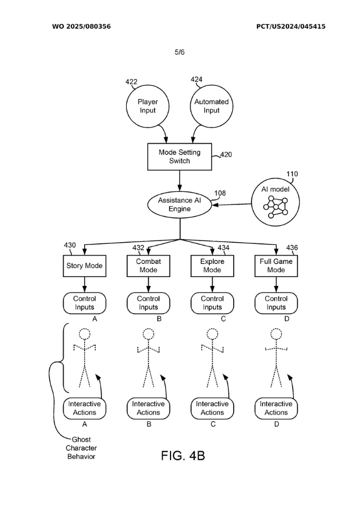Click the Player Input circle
[147, 106]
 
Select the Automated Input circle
[212, 106]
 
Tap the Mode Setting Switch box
[179, 156]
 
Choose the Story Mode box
[85, 265]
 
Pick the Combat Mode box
[148, 265]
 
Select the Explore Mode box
[212, 265]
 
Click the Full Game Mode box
[276, 265]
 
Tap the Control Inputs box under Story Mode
[85, 303]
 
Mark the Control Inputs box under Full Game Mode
[276, 303]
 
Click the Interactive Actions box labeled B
[148, 408]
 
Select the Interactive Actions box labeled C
[212, 408]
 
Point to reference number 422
[131, 82]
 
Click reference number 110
[292, 174]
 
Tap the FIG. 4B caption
[183, 456]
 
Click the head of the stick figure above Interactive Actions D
[276, 334]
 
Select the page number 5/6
[179, 52]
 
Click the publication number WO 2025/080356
[81, 26]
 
